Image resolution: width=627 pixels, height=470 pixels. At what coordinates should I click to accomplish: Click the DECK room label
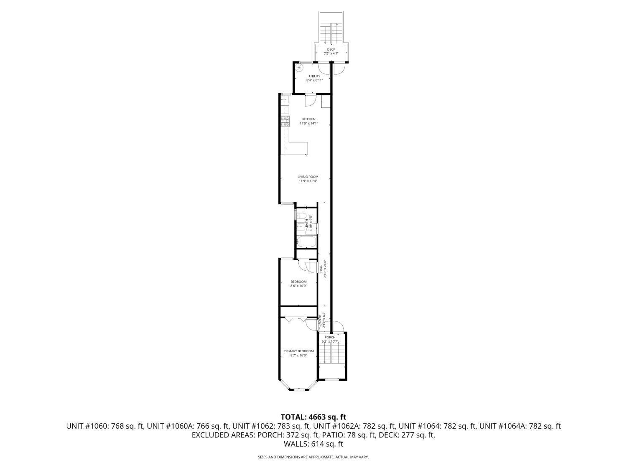tap(331, 49)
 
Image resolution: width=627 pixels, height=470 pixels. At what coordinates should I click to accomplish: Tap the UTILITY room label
tap(314, 76)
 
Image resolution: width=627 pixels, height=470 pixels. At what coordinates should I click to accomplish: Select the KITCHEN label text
tap(309, 119)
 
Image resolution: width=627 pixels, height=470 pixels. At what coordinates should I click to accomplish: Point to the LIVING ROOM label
tap(308, 177)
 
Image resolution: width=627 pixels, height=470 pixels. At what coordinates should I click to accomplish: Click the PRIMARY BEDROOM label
tap(298, 351)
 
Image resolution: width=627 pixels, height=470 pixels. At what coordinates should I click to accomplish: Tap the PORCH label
tap(330, 337)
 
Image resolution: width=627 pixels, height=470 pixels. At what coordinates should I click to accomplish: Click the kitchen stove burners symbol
tap(285, 121)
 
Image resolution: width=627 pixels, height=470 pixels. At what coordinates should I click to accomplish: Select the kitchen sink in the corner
tap(285, 99)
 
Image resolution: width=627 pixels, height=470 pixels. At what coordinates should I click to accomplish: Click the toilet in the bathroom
tap(300, 215)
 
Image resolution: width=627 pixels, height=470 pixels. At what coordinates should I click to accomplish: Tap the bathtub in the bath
tap(303, 241)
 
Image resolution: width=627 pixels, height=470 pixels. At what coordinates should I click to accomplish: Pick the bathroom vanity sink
tap(300, 226)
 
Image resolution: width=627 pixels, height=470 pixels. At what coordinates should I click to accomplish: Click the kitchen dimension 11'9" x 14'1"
tap(309, 124)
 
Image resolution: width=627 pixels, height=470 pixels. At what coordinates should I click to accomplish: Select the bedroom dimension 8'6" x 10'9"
tap(298, 286)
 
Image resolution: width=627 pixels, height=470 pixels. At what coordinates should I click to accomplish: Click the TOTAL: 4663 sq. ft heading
tap(313, 417)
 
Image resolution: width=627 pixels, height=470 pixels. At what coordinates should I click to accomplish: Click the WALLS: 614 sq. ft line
tap(313, 444)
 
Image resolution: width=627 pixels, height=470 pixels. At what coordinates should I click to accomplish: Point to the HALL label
tap(321, 269)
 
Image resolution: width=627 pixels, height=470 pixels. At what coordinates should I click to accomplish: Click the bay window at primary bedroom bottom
tap(298, 389)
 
